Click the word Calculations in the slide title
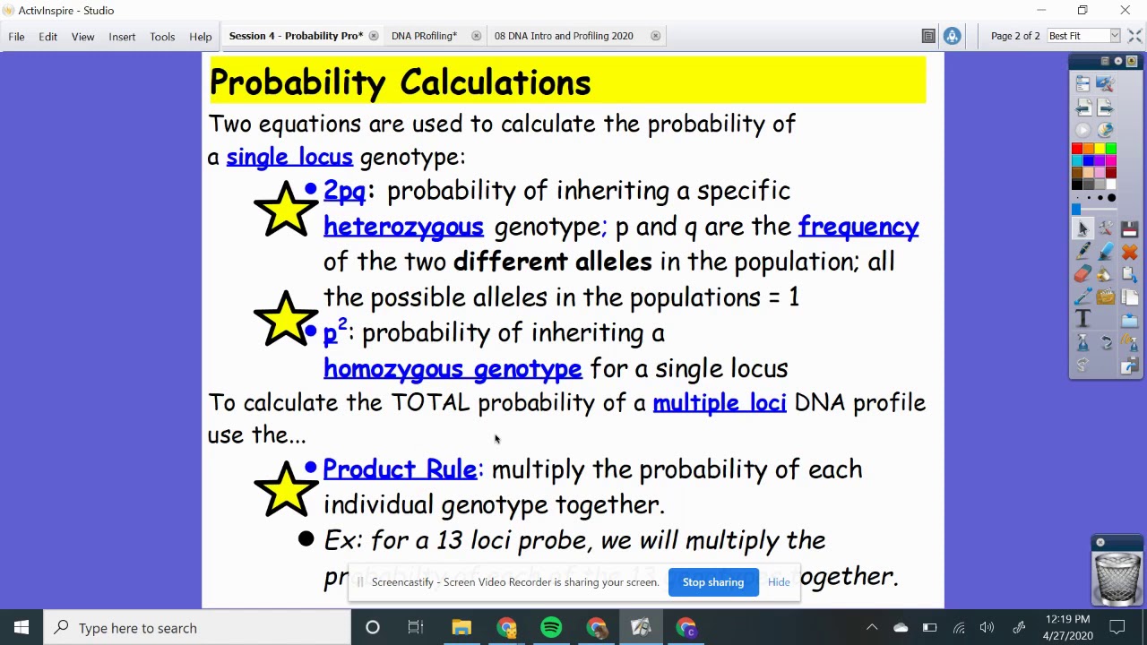click(495, 82)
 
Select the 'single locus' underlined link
click(289, 158)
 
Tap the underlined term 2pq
click(344, 191)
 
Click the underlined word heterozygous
click(403, 227)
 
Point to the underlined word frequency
click(858, 227)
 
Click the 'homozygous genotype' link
click(453, 368)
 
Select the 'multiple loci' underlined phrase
click(720, 403)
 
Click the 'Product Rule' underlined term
click(400, 469)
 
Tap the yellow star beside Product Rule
click(285, 488)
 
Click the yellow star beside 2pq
click(285, 209)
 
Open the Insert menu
click(122, 37)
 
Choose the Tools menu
click(162, 37)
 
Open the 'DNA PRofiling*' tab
click(424, 36)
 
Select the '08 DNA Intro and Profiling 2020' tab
click(564, 36)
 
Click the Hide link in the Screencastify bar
click(779, 582)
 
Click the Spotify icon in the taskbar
click(551, 628)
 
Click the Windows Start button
click(22, 628)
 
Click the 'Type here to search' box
click(197, 628)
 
